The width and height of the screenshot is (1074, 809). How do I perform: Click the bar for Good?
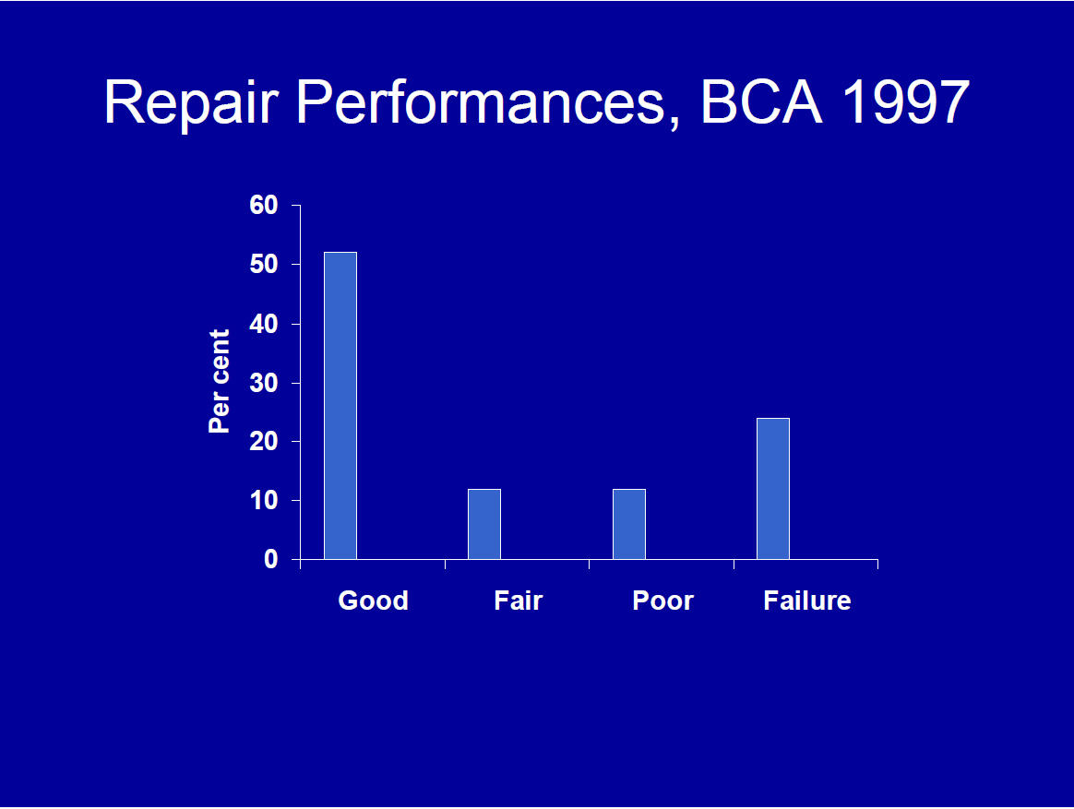(x=340, y=406)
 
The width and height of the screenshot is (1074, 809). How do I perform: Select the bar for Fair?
(x=484, y=524)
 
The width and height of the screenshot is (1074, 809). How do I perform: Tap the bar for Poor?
(x=628, y=524)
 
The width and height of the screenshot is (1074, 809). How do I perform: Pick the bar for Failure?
(x=773, y=488)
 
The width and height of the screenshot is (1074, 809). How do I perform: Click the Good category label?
(x=374, y=601)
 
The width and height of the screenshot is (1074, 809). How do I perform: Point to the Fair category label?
(x=518, y=601)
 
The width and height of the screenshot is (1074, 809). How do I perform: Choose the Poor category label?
(x=662, y=601)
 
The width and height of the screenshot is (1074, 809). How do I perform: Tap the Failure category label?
(x=806, y=601)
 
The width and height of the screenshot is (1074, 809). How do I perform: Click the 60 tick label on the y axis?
(x=264, y=205)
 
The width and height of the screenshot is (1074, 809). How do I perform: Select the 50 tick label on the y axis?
(x=264, y=265)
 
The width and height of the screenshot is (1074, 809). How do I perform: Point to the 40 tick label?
(x=264, y=324)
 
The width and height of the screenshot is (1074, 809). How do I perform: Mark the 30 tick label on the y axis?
(x=264, y=383)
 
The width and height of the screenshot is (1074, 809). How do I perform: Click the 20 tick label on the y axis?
(x=264, y=441)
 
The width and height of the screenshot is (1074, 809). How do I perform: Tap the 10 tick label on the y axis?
(x=264, y=501)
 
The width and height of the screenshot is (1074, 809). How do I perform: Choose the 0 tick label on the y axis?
(x=271, y=560)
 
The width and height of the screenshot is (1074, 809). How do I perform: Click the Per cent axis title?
(x=220, y=381)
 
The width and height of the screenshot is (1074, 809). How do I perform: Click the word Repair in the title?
(x=192, y=102)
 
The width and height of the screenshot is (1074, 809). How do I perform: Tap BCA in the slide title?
(x=760, y=101)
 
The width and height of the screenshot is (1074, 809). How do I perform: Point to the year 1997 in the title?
(x=905, y=101)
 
